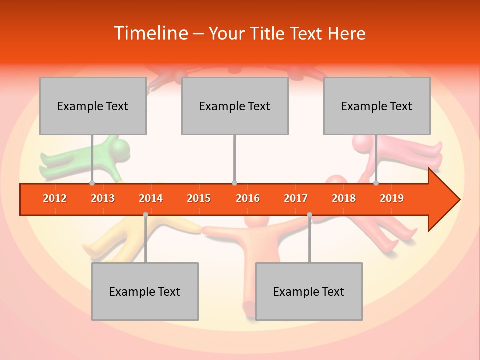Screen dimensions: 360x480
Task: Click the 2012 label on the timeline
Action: pyautogui.click(x=55, y=198)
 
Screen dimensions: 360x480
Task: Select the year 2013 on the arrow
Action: pyautogui.click(x=103, y=198)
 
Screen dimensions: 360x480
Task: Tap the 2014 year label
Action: pyautogui.click(x=151, y=198)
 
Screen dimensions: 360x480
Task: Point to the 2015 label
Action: pyautogui.click(x=199, y=198)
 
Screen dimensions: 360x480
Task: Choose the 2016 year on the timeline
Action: pyautogui.click(x=248, y=198)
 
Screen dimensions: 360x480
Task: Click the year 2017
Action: pyautogui.click(x=296, y=198)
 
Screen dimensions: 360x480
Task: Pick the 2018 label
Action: pyautogui.click(x=344, y=198)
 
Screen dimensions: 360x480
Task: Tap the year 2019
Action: pyautogui.click(x=392, y=198)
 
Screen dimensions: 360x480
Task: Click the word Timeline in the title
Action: pyautogui.click(x=150, y=33)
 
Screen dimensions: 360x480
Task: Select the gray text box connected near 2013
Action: pyautogui.click(x=93, y=106)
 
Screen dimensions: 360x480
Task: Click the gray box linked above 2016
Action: pyautogui.click(x=235, y=106)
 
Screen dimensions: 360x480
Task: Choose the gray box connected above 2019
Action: pyautogui.click(x=377, y=106)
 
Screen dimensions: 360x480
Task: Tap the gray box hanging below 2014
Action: pyautogui.click(x=145, y=291)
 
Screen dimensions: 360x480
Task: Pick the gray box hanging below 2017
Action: pyautogui.click(x=309, y=291)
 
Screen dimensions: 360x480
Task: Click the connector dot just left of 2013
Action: pyautogui.click(x=92, y=183)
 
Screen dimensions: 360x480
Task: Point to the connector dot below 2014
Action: pyautogui.click(x=145, y=215)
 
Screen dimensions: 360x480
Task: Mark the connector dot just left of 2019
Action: pyautogui.click(x=376, y=183)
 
